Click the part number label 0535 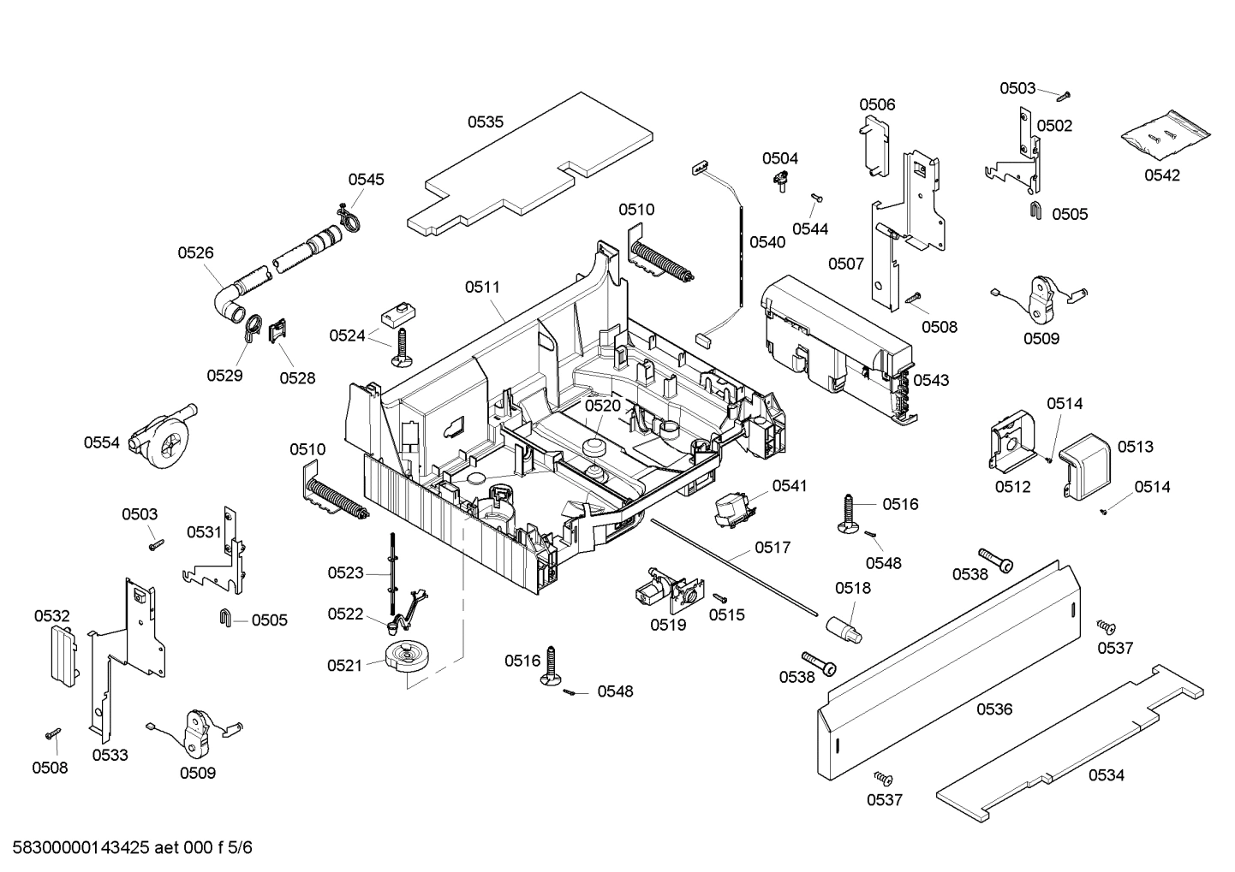click(485, 122)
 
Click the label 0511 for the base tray click(482, 287)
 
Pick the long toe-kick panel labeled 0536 click(942, 667)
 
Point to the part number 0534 click(1106, 775)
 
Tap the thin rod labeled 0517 click(732, 565)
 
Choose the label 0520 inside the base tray click(602, 405)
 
